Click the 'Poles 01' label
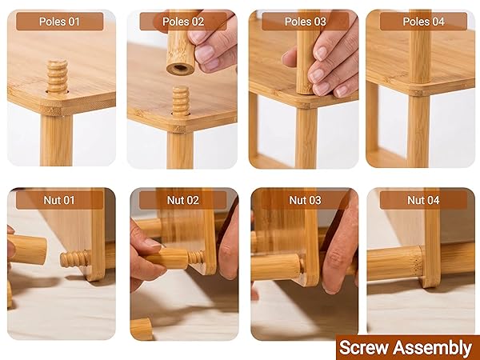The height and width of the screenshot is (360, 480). click(59, 22)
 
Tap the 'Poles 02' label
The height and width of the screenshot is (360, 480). click(183, 22)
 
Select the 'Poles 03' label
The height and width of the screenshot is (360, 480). click(306, 22)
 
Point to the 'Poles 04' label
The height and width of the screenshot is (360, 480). click(423, 22)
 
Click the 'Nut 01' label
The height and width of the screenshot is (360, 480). click(59, 200)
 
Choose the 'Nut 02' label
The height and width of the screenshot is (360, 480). click(183, 200)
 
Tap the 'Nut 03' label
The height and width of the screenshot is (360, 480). click(306, 200)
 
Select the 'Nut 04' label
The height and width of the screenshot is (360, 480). click(423, 200)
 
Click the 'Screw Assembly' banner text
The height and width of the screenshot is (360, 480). click(406, 348)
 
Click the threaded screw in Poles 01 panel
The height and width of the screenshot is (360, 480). click(58, 77)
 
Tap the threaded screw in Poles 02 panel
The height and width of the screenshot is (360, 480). click(180, 101)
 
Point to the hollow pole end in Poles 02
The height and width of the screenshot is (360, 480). click(181, 69)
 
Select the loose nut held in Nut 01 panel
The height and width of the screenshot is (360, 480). click(27, 249)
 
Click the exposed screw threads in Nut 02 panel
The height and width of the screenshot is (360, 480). click(196, 258)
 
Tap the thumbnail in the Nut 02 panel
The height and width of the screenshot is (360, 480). click(151, 243)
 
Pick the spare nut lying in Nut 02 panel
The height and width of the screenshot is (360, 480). click(142, 329)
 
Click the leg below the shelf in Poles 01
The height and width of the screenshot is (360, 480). click(56, 140)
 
